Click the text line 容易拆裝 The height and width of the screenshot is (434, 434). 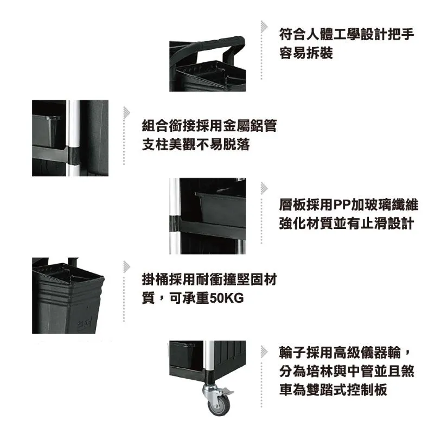[306, 53]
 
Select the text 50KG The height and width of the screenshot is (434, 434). [227, 298]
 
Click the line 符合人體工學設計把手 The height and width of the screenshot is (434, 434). [347, 34]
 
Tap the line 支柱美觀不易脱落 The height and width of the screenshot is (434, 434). [196, 144]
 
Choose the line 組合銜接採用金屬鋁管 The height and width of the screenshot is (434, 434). [209, 126]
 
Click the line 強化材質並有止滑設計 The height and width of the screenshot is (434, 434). [347, 224]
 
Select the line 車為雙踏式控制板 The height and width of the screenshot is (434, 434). [333, 390]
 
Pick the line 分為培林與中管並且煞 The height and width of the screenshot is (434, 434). [347, 371]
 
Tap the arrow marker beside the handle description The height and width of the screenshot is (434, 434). [264, 27]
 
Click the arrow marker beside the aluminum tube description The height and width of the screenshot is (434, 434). [127, 113]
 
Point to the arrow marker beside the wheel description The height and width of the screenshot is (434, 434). [264, 352]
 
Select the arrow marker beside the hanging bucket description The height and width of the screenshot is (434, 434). [127, 267]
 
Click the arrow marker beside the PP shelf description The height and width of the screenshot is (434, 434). [264, 188]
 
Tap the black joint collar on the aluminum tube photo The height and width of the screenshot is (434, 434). [74, 156]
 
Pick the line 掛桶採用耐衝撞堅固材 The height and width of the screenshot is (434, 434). [209, 279]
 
